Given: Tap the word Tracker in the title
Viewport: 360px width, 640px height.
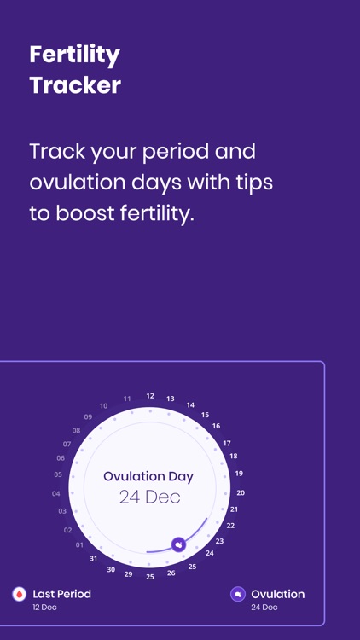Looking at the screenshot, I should click(74, 85).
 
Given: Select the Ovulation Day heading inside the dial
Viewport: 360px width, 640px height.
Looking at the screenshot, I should click(148, 477).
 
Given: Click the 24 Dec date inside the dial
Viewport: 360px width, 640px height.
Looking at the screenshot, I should click(149, 497).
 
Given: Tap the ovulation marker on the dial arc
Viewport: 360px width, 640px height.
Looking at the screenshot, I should click(178, 544).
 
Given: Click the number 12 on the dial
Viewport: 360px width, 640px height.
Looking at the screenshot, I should click(150, 396).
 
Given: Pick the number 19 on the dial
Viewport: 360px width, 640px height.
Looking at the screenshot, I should click(239, 474).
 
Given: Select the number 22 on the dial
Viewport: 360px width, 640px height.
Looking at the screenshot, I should click(230, 526).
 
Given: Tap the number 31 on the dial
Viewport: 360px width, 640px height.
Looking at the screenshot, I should click(94, 558).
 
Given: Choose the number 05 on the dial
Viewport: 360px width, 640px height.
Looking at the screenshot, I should click(58, 474).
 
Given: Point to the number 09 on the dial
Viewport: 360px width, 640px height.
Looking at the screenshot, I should click(88, 417).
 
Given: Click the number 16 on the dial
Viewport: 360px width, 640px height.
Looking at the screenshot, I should click(216, 426).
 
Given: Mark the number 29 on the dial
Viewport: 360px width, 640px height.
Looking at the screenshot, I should click(129, 574).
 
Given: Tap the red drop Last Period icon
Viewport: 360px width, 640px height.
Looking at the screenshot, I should click(19, 595).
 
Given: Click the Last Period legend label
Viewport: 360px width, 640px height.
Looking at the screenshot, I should click(61, 594).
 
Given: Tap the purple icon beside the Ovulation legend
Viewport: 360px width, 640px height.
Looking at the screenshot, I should click(238, 595).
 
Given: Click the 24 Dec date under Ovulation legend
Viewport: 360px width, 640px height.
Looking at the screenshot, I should click(264, 608).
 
